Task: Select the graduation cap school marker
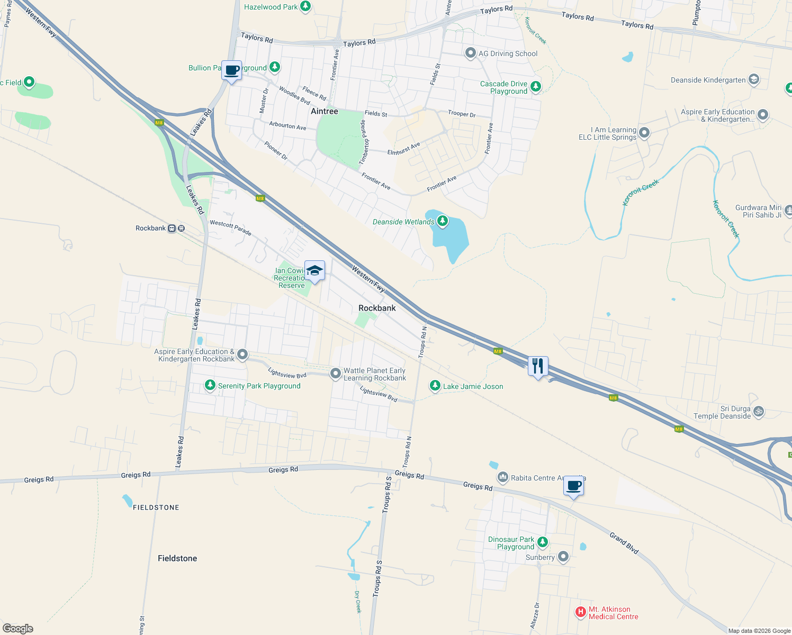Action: point(314,270)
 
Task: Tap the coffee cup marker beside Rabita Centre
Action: point(573,486)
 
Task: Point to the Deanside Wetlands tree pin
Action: point(442,221)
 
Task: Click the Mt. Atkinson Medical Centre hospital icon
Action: point(580,612)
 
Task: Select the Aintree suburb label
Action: point(324,111)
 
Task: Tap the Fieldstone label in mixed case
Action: point(177,558)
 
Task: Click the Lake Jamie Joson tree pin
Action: point(435,386)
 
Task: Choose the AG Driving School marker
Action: point(470,53)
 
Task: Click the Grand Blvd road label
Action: point(624,543)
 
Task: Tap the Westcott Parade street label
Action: point(230,228)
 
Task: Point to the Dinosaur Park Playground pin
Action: point(542,542)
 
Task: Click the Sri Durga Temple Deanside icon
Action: point(758,412)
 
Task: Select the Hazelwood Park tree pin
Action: point(305,6)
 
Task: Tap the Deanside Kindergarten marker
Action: point(753,80)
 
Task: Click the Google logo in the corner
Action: point(18,628)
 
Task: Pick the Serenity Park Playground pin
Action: point(210,385)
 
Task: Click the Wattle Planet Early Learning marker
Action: point(335,374)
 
